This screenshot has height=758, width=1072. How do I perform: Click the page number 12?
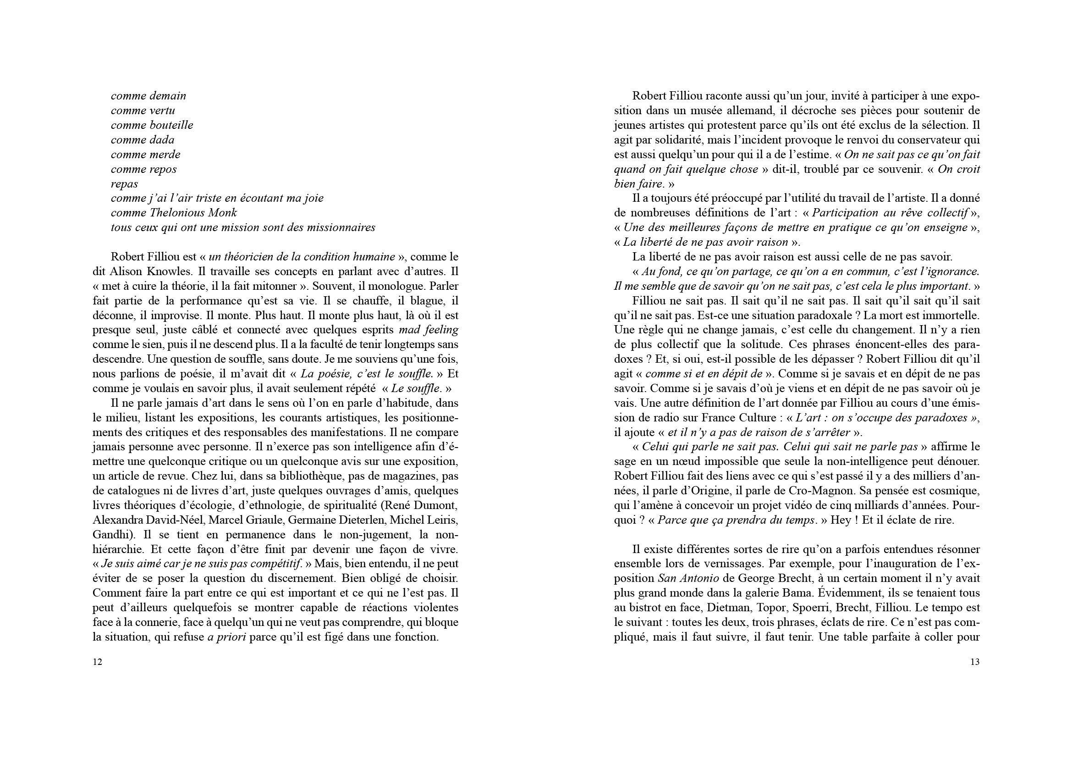coord(98,662)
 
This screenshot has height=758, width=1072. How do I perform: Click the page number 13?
coord(975,662)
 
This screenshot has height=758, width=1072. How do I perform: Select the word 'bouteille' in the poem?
coord(171,125)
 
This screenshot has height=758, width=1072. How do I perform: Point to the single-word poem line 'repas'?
coord(124,183)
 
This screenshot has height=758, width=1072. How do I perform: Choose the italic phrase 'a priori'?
coord(226,637)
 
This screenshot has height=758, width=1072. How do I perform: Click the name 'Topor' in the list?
coord(772,608)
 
